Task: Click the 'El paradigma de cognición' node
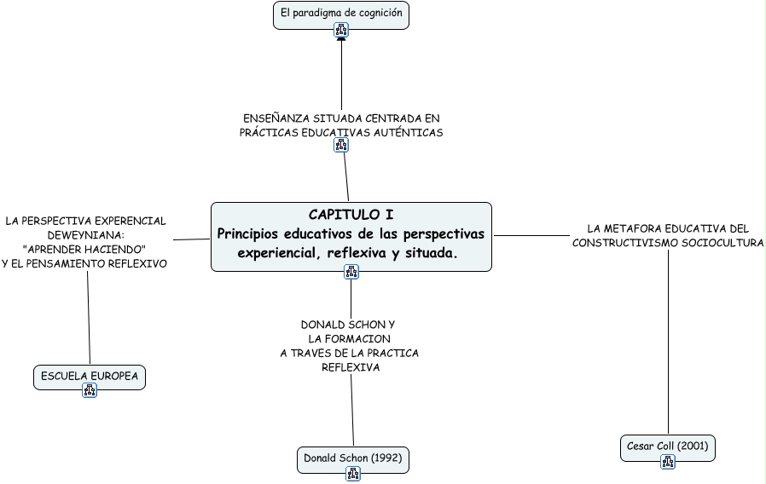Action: (341, 14)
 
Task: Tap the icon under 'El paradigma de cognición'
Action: (341, 31)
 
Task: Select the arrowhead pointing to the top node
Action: (341, 39)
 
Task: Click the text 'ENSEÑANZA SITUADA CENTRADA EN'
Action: (341, 118)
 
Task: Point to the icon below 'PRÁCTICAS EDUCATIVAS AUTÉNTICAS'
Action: (341, 145)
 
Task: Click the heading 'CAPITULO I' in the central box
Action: (351, 215)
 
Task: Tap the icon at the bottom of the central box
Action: (351, 272)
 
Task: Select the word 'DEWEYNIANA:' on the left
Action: (86, 235)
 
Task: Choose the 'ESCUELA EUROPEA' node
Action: (90, 376)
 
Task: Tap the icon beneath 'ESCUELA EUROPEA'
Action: (90, 390)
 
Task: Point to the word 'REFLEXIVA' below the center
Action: (350, 367)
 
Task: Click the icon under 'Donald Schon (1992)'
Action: (353, 474)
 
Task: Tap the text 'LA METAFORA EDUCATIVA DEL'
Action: (668, 228)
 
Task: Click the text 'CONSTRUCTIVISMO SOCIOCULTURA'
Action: (668, 243)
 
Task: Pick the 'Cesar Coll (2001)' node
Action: (668, 446)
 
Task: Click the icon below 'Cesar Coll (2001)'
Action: (668, 462)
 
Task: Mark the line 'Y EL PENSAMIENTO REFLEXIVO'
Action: (84, 264)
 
